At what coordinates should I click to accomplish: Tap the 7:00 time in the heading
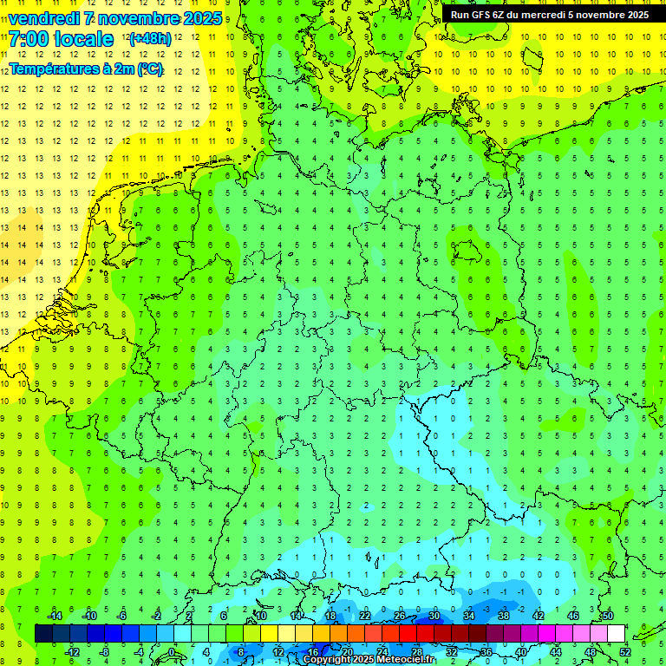click(27, 40)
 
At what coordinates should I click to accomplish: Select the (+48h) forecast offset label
click(150, 39)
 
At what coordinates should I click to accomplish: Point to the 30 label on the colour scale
click(434, 615)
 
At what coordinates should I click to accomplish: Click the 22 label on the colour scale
click(365, 615)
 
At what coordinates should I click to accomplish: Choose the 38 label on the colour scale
click(503, 615)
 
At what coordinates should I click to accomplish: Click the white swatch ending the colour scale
click(616, 633)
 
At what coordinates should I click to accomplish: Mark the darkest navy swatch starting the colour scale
click(43, 633)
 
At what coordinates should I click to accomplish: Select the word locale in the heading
click(82, 40)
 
